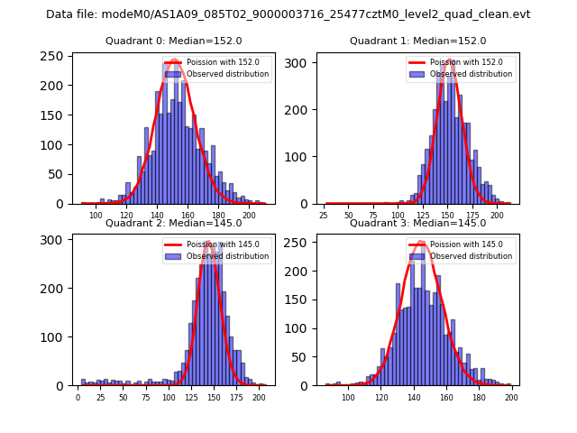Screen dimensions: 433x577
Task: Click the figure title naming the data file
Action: (288, 14)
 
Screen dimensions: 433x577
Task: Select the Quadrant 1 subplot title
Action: (417, 41)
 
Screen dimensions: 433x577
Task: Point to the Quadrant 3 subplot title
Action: (417, 223)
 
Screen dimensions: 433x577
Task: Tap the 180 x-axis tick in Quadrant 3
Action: (478, 397)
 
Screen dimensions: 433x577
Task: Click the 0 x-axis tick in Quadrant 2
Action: (78, 397)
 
